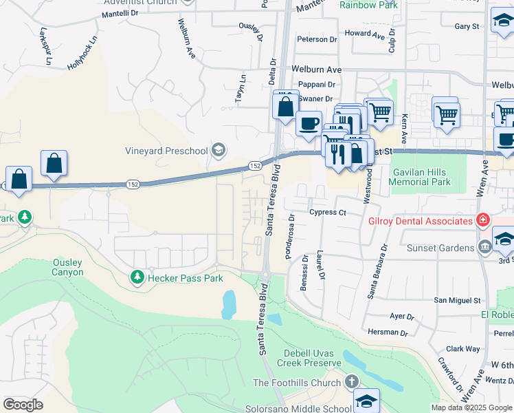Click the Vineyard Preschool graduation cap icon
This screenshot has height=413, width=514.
pyautogui.click(x=219, y=150)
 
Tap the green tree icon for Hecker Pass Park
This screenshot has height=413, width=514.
pyautogui.click(x=137, y=277)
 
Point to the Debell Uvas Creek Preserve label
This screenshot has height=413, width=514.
pyautogui.click(x=313, y=358)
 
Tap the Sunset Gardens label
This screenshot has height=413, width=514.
pyautogui.click(x=440, y=247)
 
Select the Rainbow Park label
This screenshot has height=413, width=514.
pyautogui.click(x=368, y=5)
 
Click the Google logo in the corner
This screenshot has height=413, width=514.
pyautogui.click(x=23, y=405)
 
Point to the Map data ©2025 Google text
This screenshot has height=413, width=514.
pyautogui.click(x=471, y=407)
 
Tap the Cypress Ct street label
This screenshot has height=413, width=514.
pyautogui.click(x=328, y=213)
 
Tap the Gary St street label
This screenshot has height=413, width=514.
pyautogui.click(x=467, y=26)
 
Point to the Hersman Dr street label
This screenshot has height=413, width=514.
pyautogui.click(x=388, y=332)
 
